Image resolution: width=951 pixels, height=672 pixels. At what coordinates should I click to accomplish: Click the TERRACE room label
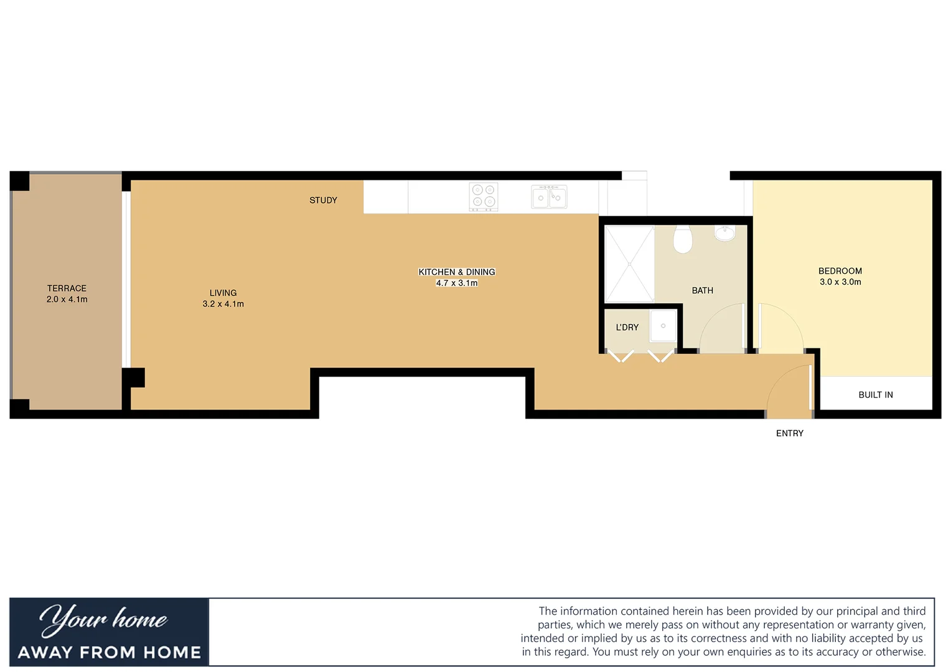coord(67,288)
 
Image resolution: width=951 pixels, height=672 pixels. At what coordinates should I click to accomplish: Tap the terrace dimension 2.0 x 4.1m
coord(67,299)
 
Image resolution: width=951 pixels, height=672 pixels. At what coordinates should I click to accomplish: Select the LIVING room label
coord(223,292)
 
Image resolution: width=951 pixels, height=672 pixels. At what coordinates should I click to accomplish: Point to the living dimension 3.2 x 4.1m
coord(223,304)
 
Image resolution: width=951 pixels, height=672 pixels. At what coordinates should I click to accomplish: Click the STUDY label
coord(323,200)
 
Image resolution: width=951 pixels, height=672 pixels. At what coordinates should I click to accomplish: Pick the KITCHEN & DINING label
coord(457,272)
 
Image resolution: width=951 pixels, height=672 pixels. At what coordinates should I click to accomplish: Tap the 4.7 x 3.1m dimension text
coord(457,283)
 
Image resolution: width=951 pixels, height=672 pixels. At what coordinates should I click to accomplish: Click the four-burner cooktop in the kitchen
coord(484,196)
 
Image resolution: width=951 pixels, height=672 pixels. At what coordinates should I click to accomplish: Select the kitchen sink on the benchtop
coord(549,197)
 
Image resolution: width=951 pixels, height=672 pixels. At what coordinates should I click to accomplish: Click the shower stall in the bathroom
coord(629,264)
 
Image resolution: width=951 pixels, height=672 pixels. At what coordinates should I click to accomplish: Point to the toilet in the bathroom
coord(683,240)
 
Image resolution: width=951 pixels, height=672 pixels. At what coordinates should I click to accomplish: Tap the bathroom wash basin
coord(724,233)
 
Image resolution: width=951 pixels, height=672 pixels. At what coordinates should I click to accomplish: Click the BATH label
coord(702,291)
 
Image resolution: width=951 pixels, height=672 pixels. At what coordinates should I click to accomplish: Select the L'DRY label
coord(627,327)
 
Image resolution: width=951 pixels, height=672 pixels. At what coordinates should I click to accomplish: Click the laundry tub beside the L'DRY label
coord(663,326)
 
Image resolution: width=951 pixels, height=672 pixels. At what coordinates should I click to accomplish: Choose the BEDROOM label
coord(840,271)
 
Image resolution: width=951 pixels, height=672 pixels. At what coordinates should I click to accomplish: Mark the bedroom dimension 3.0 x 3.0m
coord(840,282)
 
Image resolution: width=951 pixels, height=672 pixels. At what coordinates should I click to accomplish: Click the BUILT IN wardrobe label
coord(875,394)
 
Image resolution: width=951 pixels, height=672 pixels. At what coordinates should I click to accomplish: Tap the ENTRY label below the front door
coord(789,433)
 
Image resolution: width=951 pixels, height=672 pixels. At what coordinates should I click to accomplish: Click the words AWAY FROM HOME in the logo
coord(110,652)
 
